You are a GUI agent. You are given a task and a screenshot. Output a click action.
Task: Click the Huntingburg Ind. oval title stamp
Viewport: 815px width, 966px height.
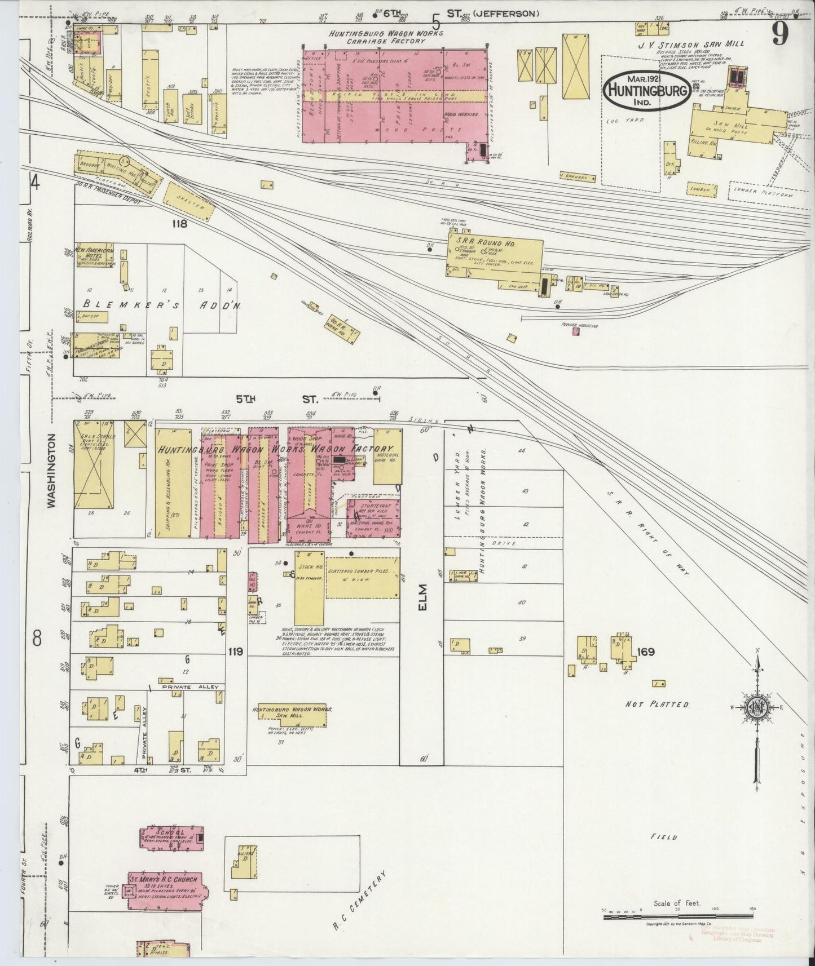point(648,88)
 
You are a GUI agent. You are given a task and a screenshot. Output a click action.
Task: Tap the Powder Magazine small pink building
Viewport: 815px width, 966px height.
point(576,332)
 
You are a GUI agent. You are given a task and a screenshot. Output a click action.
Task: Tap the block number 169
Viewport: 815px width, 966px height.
point(645,652)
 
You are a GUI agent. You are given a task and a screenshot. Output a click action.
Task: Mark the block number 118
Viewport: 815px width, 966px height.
point(180,223)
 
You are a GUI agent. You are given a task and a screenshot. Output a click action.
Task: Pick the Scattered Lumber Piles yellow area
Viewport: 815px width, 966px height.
point(362,578)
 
